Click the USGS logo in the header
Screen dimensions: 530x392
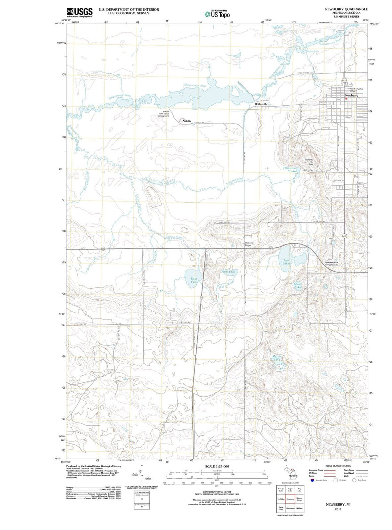79,12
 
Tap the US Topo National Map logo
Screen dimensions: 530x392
217,14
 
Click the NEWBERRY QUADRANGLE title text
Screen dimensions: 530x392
346,9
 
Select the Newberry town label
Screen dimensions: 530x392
351,96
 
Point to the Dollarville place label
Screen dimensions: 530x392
261,104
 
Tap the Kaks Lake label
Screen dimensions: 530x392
194,280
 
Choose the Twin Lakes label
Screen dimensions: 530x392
286,262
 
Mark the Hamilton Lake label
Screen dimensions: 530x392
289,169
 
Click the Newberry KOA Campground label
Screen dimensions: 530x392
331,263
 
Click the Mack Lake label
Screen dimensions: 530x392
298,286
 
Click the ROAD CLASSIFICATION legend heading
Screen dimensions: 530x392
338,466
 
